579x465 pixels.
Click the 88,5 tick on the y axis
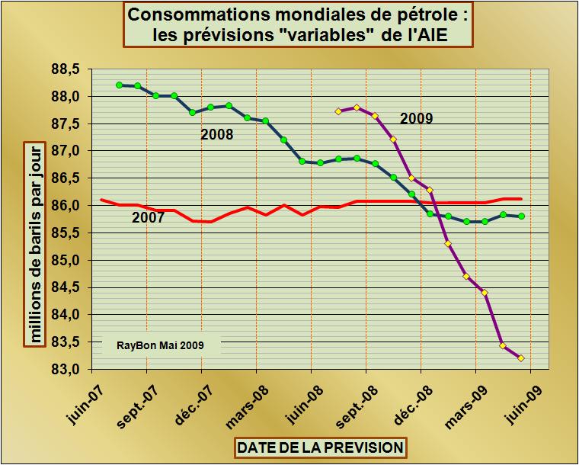tap(66, 69)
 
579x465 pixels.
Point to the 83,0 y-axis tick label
tap(66, 370)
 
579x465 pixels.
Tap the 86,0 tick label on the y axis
tap(66, 206)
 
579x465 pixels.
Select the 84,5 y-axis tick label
tap(66, 287)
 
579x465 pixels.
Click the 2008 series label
tap(216, 136)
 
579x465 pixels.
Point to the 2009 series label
tap(417, 118)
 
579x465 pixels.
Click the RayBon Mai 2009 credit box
tap(160, 345)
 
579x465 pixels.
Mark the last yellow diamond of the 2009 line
tap(521, 358)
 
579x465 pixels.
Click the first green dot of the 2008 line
tap(120, 85)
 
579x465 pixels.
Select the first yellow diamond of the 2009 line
tap(338, 111)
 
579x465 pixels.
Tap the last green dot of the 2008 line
tap(521, 216)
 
